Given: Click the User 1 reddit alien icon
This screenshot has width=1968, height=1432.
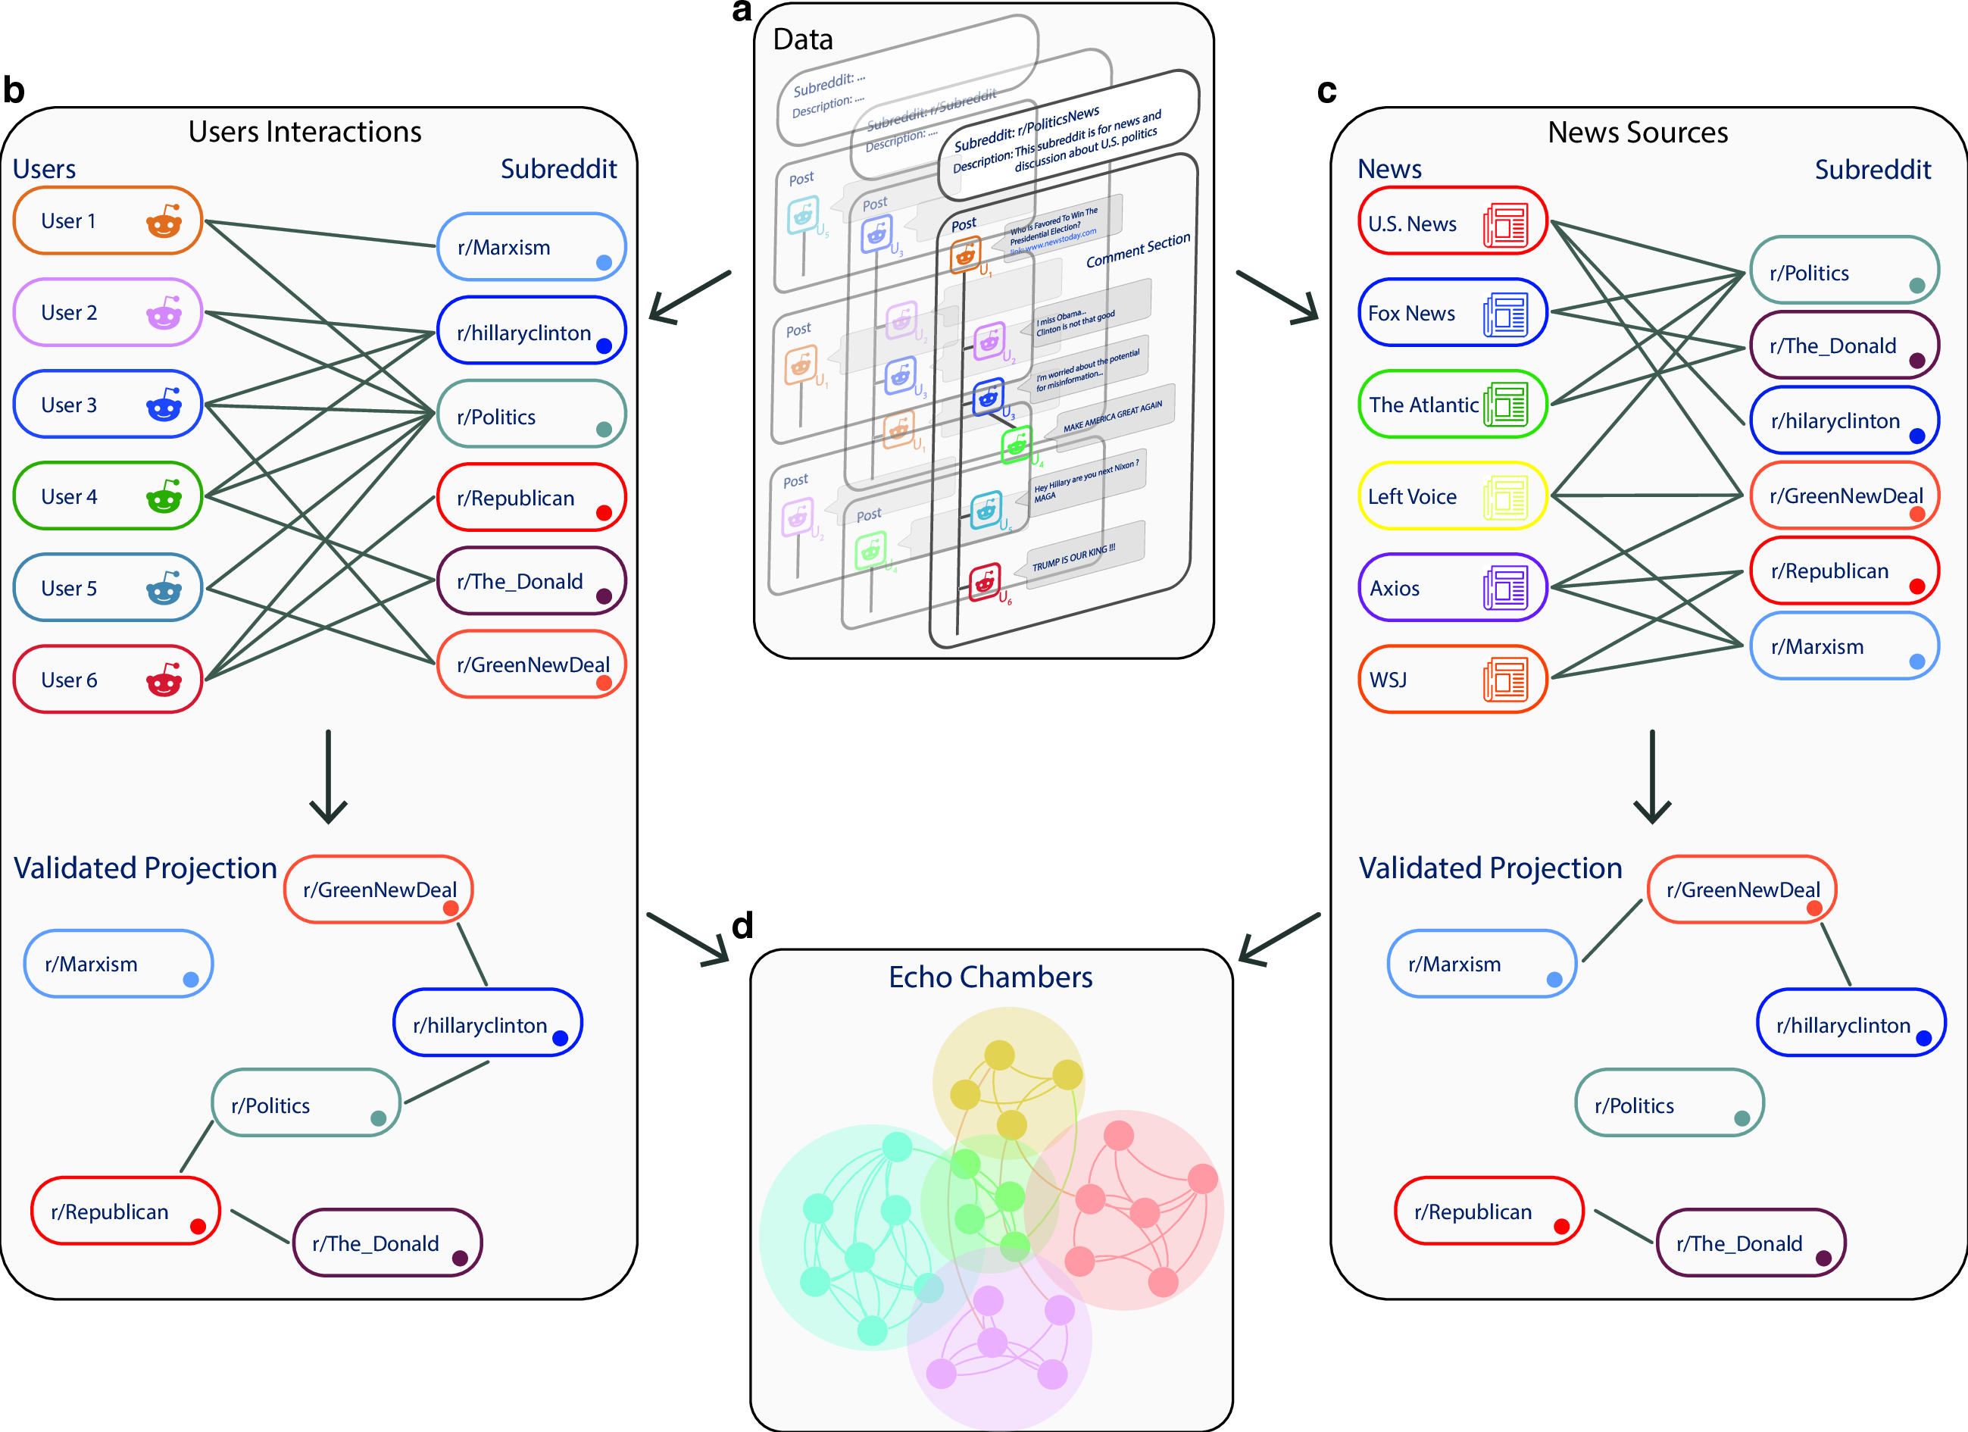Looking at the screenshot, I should (x=163, y=221).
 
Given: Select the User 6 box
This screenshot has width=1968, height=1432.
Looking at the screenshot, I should (x=108, y=680).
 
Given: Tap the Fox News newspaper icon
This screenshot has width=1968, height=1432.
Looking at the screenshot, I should (x=1505, y=314).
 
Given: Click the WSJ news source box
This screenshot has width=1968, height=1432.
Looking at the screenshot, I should (x=1451, y=680).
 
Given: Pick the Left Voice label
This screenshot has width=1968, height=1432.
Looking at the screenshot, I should (x=1412, y=497).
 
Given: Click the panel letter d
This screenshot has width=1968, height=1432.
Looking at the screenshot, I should (x=742, y=926).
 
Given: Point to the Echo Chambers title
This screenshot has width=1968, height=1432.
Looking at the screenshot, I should (x=990, y=977).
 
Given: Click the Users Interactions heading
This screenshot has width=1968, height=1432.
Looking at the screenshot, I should (x=305, y=132).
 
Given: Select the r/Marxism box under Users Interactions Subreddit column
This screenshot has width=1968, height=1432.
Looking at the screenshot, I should (x=531, y=247).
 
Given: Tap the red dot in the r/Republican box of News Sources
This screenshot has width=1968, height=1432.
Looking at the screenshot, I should (x=1916, y=586).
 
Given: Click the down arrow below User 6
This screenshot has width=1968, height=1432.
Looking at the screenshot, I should (x=328, y=777).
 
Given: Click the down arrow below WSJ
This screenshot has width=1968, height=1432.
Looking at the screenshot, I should (x=1652, y=777).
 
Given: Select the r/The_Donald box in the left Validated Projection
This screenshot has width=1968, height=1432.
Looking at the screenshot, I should (x=387, y=1243).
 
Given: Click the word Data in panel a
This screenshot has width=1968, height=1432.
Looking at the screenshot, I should (x=803, y=40).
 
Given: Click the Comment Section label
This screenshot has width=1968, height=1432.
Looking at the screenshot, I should (x=1138, y=250).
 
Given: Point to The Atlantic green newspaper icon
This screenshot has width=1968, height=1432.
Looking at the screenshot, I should (x=1505, y=405).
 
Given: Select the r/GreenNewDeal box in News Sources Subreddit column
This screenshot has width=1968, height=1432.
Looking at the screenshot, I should (x=1844, y=496).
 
